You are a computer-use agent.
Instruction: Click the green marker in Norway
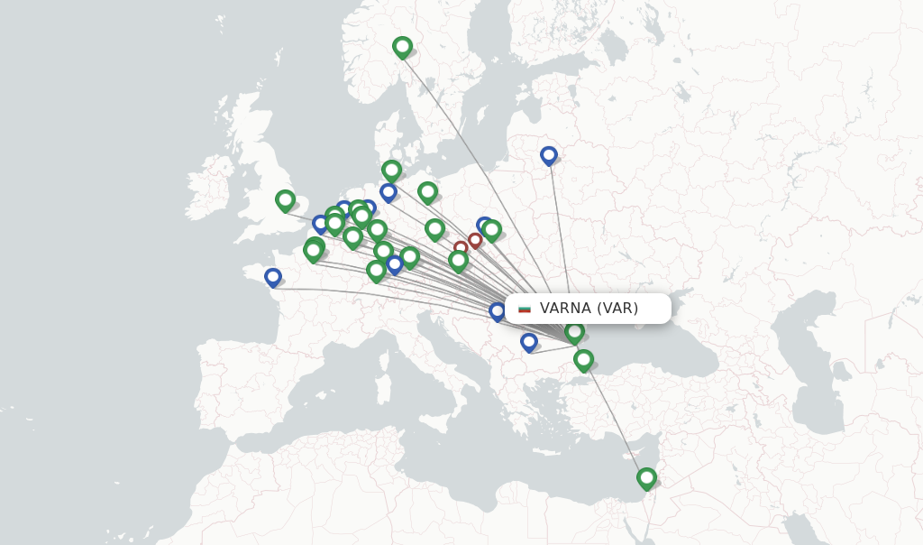pyautogui.click(x=402, y=46)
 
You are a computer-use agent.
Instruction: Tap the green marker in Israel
pyautogui.click(x=646, y=477)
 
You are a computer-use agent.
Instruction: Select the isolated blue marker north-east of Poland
pyautogui.click(x=549, y=155)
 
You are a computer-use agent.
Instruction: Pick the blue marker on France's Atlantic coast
pyautogui.click(x=273, y=277)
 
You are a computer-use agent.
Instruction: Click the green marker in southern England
pyautogui.click(x=286, y=199)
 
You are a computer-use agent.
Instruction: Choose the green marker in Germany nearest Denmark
pyautogui.click(x=391, y=170)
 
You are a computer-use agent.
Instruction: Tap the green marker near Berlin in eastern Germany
pyautogui.click(x=427, y=191)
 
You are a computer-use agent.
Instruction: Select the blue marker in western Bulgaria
pyautogui.click(x=529, y=342)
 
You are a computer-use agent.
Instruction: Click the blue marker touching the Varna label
pyautogui.click(x=498, y=311)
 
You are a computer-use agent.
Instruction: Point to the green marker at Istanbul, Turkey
pyautogui.click(x=583, y=359)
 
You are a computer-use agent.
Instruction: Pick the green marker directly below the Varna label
pyautogui.click(x=574, y=331)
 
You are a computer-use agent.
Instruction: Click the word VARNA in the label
pyautogui.click(x=565, y=309)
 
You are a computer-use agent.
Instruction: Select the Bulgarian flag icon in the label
pyautogui.click(x=525, y=309)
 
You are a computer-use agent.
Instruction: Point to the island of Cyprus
pyautogui.click(x=631, y=448)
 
